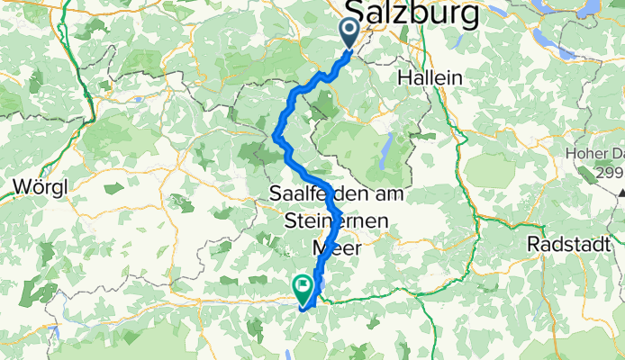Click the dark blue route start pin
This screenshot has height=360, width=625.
click(350, 34)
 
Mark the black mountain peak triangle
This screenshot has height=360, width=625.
click(621, 191)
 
